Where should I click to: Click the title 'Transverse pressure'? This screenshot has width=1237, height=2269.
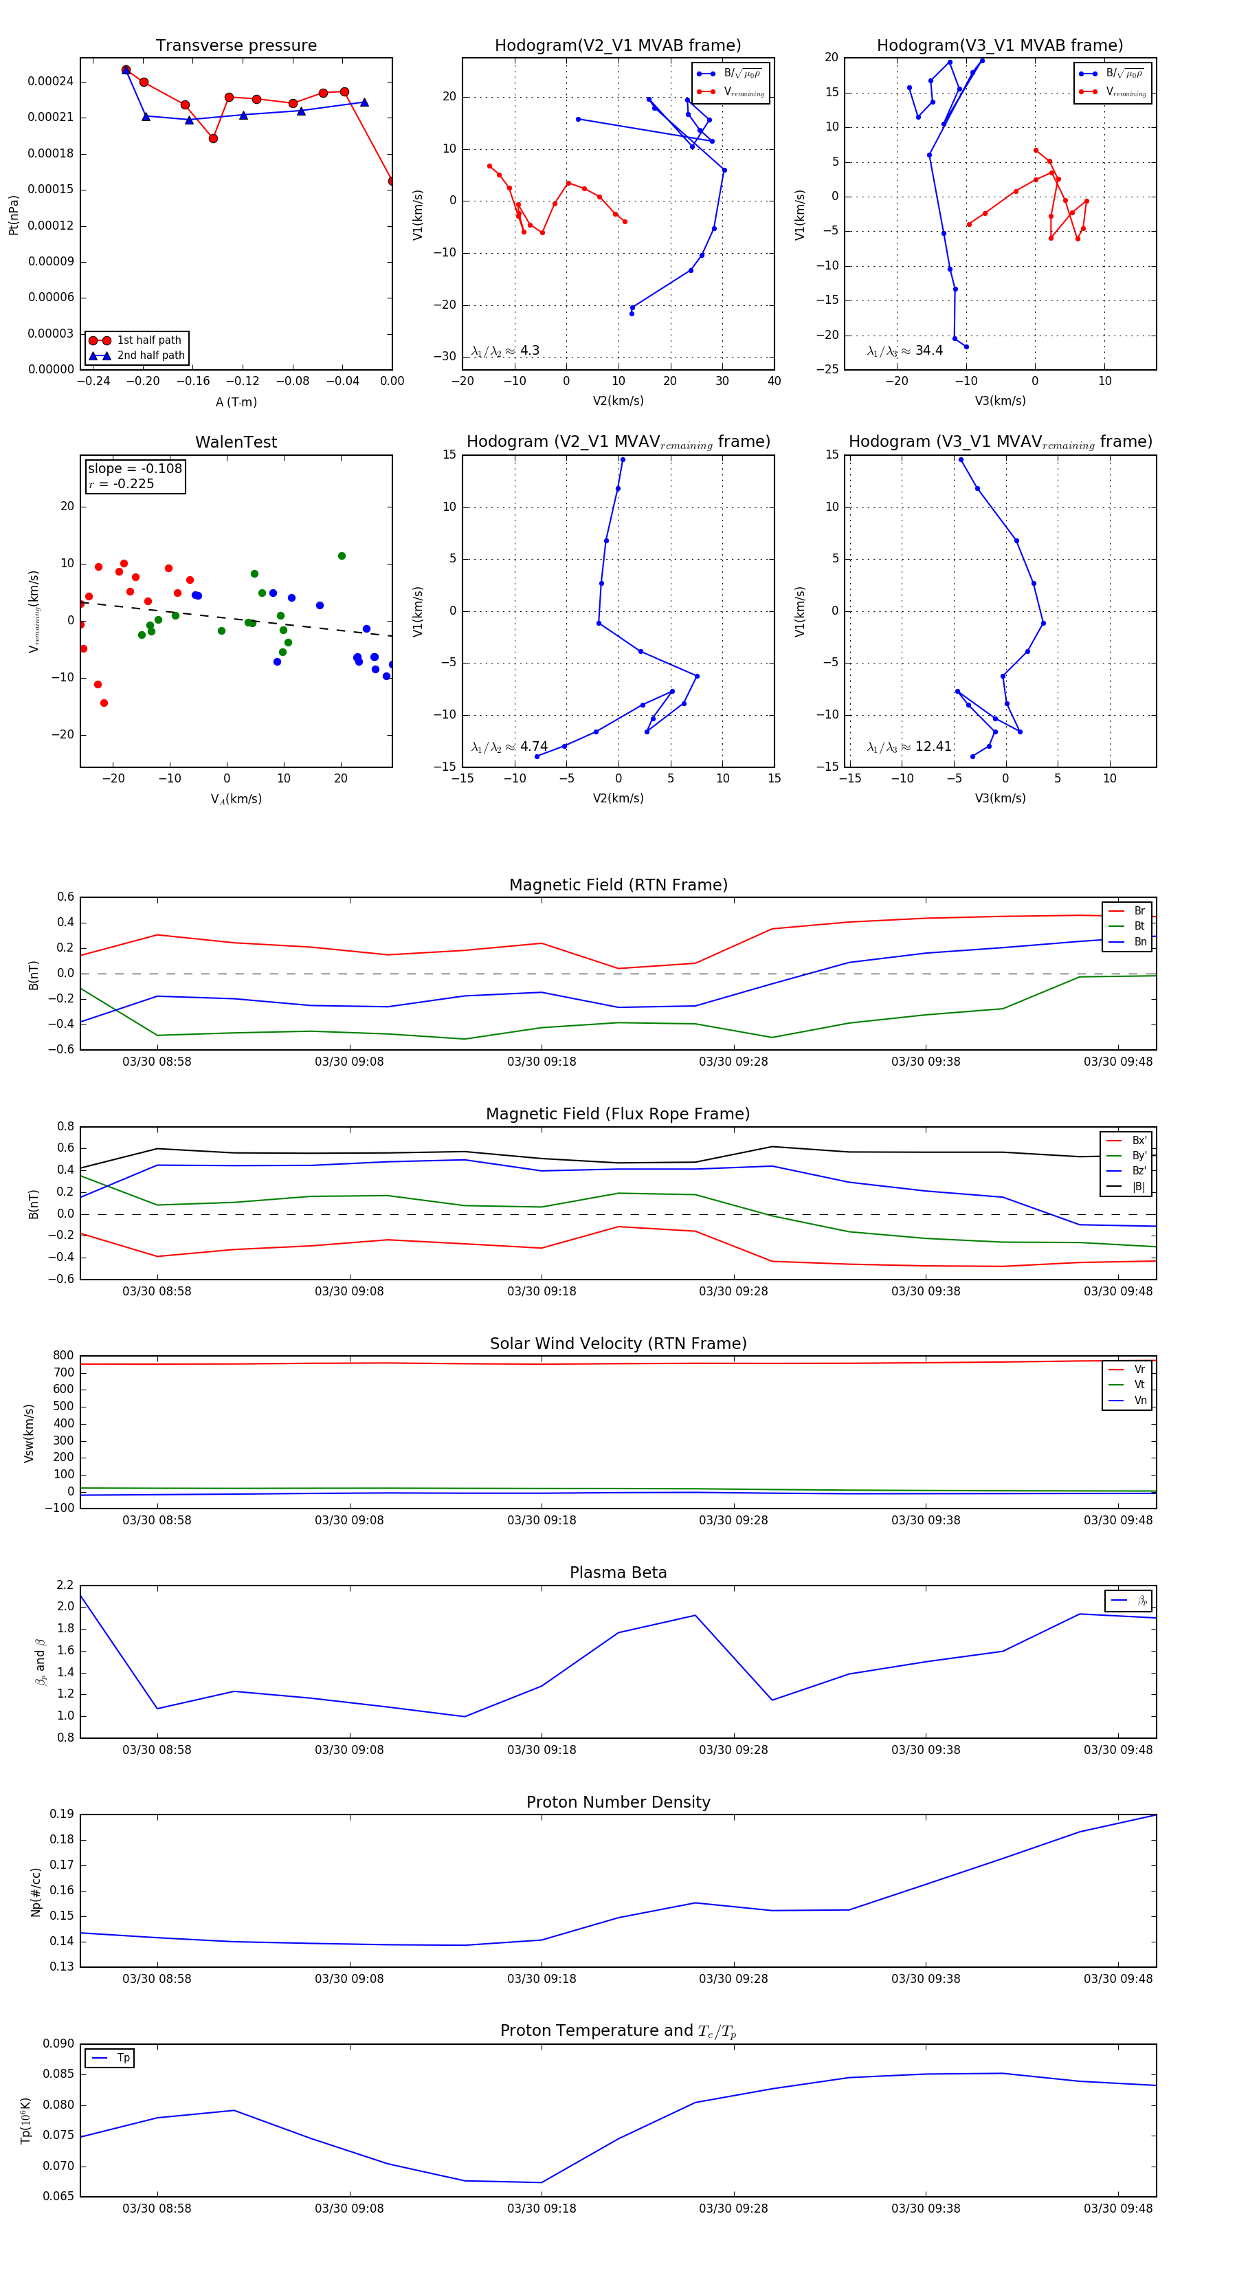236,46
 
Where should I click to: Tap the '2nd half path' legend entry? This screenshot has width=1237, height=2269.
151,356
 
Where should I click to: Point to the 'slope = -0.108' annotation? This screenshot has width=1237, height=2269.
135,469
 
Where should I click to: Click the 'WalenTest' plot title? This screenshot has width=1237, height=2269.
236,442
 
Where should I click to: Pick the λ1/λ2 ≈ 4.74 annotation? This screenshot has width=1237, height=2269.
510,747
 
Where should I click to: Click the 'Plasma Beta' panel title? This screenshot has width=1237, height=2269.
618,1572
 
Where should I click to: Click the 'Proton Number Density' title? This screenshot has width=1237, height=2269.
618,1802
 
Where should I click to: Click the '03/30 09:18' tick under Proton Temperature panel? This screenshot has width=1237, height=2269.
542,2208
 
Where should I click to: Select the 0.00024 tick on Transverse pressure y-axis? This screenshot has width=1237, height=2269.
50,82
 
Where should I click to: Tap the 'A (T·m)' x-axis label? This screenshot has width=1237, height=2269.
236,402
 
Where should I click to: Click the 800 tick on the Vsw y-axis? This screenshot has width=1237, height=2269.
63,1356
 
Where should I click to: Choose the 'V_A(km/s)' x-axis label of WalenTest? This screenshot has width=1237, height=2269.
236,799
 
